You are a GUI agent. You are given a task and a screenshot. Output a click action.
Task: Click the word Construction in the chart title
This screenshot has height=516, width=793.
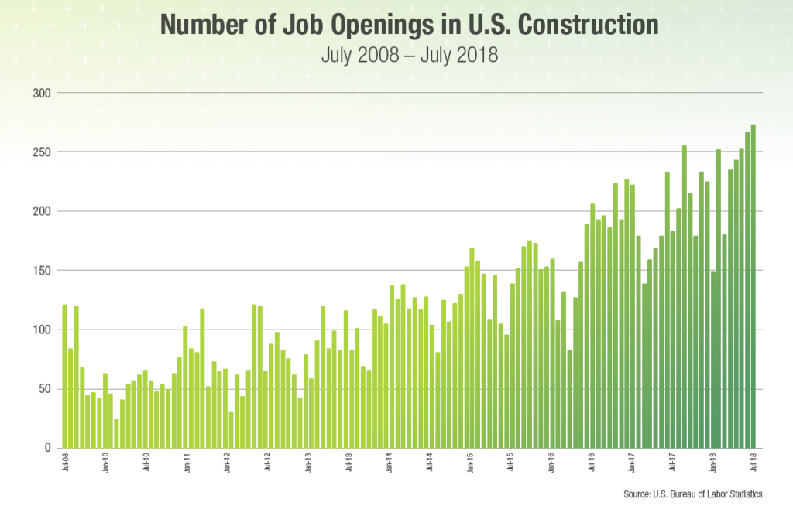tap(589, 26)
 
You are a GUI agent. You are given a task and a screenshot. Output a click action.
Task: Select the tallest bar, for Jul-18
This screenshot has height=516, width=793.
tap(754, 286)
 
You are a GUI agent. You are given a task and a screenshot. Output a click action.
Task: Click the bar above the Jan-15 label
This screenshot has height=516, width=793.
tap(472, 348)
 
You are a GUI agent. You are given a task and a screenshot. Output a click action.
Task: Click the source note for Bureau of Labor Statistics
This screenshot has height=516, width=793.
tap(693, 494)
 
